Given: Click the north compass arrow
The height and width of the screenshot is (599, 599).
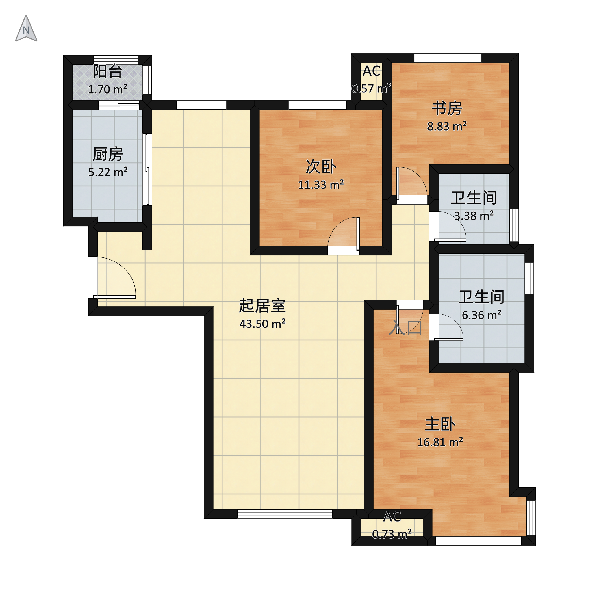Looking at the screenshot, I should click(x=26, y=29).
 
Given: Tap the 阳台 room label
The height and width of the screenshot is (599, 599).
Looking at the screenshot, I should click(x=107, y=71).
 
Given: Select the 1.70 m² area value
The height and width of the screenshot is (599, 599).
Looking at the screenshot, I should click(x=107, y=89).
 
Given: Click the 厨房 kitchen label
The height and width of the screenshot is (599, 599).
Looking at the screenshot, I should click(x=108, y=154).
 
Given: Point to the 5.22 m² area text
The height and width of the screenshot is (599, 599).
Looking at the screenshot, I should click(x=108, y=172).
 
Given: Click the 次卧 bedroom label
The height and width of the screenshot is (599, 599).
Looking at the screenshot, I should click(x=321, y=167).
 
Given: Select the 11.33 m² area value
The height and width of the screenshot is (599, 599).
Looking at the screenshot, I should click(x=321, y=185).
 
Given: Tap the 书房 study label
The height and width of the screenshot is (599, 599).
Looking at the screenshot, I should click(x=447, y=108).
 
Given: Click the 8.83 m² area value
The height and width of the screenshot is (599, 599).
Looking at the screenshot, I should click(x=447, y=127).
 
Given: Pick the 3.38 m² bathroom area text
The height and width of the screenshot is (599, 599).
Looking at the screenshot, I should click(x=474, y=216).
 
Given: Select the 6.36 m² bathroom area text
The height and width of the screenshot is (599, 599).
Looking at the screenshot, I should click(x=481, y=315).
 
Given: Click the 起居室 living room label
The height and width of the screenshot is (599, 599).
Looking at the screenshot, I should click(x=262, y=306).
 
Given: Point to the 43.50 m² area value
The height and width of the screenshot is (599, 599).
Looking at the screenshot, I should click(x=262, y=324).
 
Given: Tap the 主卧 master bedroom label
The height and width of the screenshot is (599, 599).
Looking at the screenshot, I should click(x=440, y=424).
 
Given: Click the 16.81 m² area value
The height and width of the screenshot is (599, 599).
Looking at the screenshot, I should click(x=440, y=442).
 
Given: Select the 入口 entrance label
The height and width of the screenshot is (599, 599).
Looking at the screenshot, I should click(x=405, y=328).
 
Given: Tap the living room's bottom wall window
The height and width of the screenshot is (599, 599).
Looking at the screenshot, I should click(x=285, y=514).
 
